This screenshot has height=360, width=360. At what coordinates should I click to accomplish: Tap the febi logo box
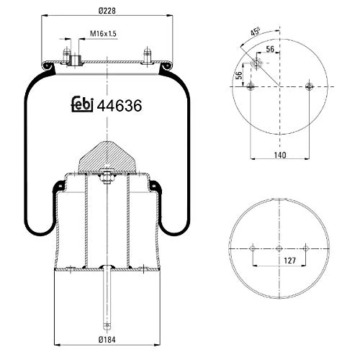coord(83,105)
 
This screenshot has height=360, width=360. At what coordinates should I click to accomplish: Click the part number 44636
coord(119,105)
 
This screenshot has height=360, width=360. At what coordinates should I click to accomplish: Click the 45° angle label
coord(254,33)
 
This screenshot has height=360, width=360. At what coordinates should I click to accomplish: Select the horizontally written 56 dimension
coord(270,49)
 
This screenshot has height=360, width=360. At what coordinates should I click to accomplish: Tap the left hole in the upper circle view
coord(250,87)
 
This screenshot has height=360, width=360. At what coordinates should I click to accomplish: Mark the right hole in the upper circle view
coord(310,87)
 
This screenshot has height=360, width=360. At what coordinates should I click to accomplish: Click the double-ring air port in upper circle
coord(257,65)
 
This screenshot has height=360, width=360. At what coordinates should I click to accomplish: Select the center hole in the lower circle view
coord(279,248)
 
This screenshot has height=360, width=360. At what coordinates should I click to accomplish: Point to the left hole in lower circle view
coord(252,248)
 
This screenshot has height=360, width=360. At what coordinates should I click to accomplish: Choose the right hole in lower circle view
coord(305,248)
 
